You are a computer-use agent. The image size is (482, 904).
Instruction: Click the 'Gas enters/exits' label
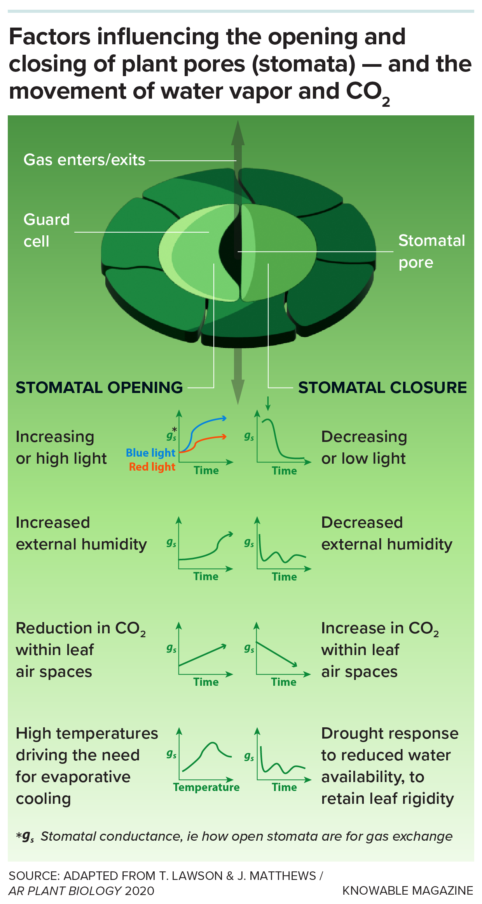click(84, 160)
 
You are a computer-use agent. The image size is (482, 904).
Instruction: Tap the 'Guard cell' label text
click(46, 230)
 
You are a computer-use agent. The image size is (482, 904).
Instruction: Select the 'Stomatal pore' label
click(431, 251)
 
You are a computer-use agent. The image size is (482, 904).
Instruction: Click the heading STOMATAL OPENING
click(99, 388)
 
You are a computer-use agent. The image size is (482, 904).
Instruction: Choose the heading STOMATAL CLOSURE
click(382, 388)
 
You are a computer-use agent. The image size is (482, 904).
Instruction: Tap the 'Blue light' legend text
click(150, 453)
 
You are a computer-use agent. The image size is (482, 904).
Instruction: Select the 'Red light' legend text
click(152, 467)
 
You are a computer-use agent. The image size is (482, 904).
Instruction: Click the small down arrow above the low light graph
click(267, 404)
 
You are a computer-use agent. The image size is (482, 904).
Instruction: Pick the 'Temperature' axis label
click(206, 787)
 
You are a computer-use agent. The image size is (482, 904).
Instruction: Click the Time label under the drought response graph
click(284, 787)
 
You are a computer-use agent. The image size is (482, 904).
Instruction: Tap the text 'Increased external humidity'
click(81, 533)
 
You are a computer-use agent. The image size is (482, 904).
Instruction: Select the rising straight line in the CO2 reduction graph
click(202, 656)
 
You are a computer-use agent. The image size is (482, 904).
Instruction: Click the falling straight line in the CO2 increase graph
click(276, 654)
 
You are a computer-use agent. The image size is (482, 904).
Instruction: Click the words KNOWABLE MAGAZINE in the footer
click(407, 890)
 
